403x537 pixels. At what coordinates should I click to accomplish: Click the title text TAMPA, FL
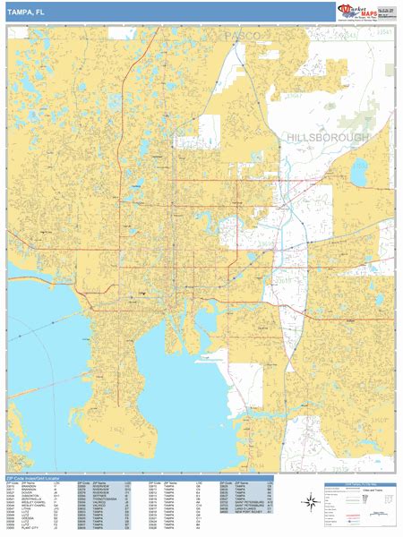pyautogui.click(x=27, y=11)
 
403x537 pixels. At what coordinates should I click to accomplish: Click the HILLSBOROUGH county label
pyautogui.click(x=328, y=138)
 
